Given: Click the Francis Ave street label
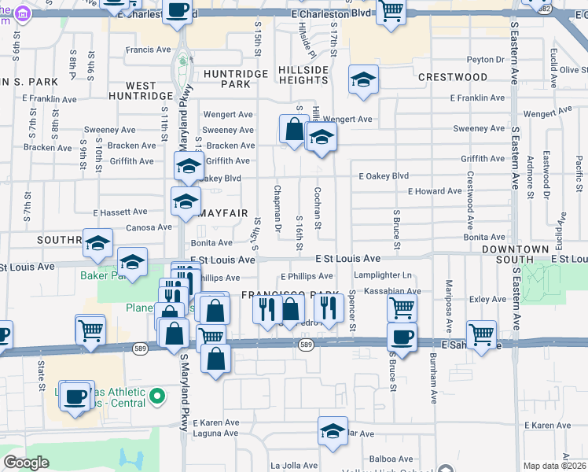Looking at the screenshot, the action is [148, 50].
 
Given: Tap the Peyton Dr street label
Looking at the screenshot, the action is [485, 59].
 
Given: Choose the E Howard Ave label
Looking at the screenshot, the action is [435, 191].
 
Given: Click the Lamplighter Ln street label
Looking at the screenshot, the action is [383, 275].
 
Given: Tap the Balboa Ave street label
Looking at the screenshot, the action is [394, 459].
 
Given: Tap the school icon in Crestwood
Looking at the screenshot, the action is [362, 79].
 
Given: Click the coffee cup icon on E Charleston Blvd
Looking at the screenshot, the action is [178, 11].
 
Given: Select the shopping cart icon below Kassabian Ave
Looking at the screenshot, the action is [402, 308].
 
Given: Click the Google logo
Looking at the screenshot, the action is [27, 463].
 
